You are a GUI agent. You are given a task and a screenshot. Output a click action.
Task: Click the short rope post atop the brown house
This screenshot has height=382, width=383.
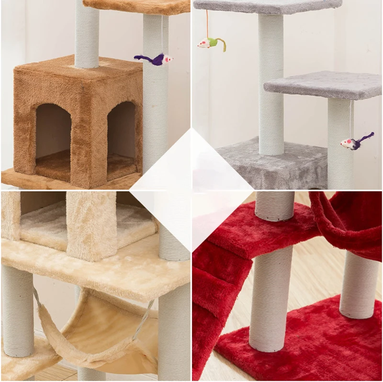87,34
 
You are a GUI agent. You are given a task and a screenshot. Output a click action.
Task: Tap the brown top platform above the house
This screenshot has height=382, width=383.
139,6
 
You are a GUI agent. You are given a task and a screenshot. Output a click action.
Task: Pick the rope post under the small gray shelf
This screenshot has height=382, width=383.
340,144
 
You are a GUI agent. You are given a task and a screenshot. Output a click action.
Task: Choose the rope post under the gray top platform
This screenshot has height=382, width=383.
270,81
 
